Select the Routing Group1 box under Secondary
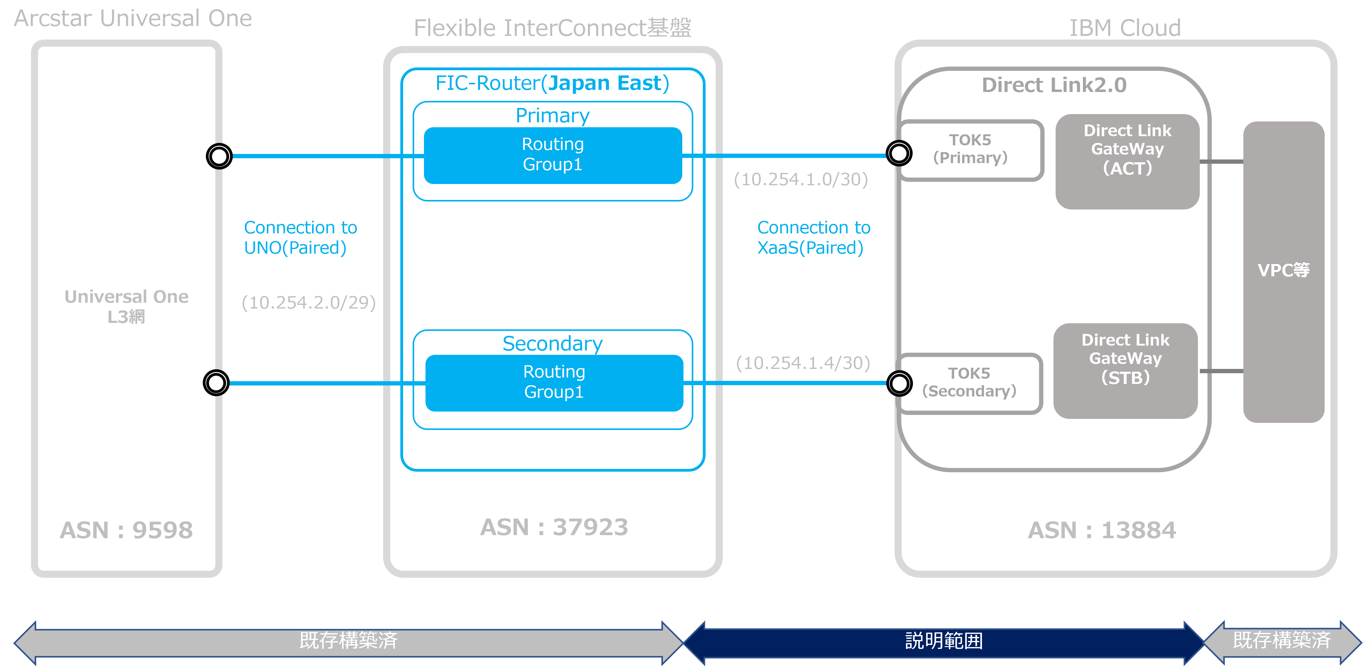554,382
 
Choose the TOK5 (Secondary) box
969,383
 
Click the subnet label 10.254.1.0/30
801,180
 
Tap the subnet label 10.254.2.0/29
309,303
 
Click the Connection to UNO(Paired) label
300,237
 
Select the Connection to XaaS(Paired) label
813,237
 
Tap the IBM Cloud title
1125,28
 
